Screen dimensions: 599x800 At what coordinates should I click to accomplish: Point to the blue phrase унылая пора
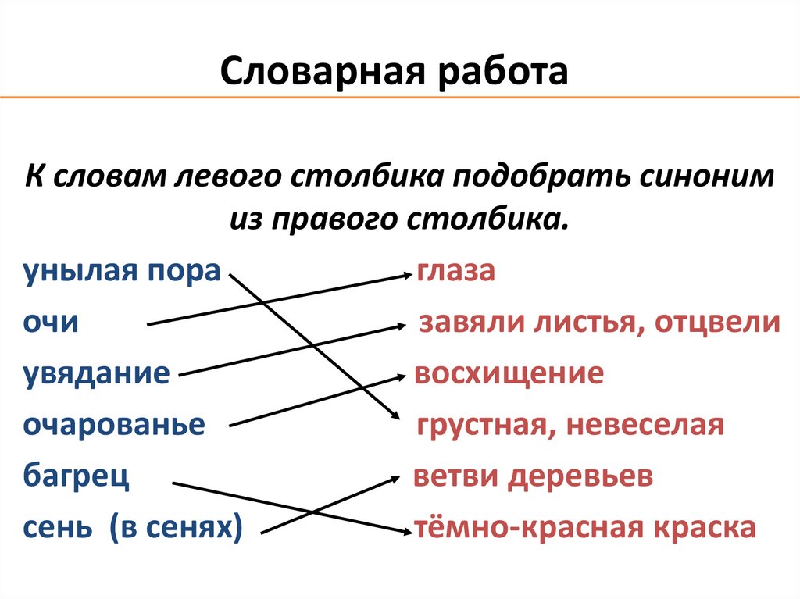pyautogui.click(x=122, y=271)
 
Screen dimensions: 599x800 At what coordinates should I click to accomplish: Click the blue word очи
pyautogui.click(x=51, y=323)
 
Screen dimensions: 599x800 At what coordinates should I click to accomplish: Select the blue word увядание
pyautogui.click(x=96, y=374)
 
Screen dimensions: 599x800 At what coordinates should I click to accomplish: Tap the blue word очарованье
pyautogui.click(x=114, y=426)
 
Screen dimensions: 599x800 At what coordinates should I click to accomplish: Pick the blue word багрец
pyautogui.click(x=76, y=476)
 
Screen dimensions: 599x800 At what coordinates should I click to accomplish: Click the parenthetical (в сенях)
pyautogui.click(x=177, y=529)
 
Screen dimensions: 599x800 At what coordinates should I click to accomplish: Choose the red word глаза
pyautogui.click(x=456, y=271)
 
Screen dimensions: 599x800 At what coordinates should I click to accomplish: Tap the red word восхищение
pyautogui.click(x=509, y=374)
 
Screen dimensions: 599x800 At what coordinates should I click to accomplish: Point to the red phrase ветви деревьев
pyautogui.click(x=533, y=476)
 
